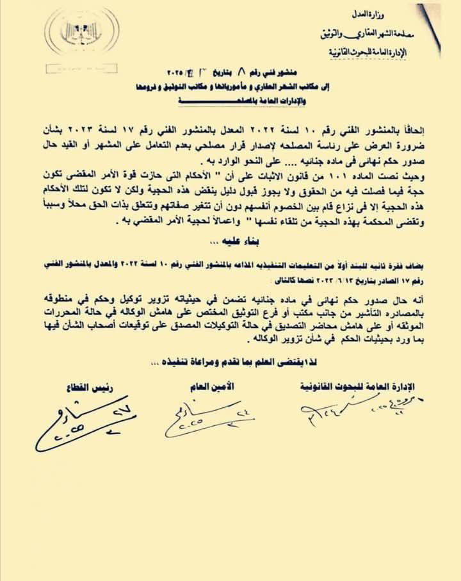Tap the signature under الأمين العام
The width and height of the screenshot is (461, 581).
[x=205, y=419]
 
